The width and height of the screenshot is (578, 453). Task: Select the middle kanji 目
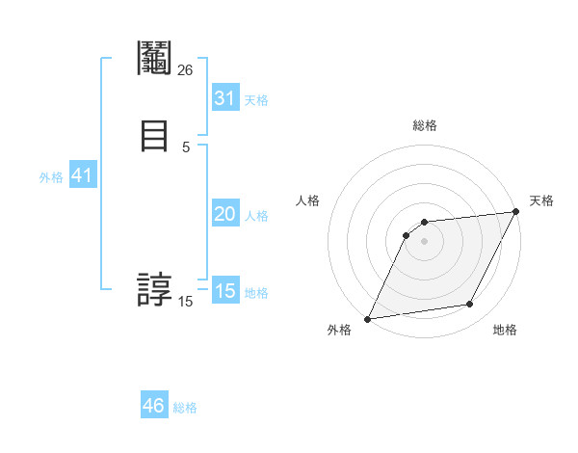pyautogui.click(x=154, y=136)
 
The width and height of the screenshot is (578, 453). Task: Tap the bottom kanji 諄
pyautogui.click(x=154, y=288)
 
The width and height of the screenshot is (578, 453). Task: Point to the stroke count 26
pyautogui.click(x=186, y=69)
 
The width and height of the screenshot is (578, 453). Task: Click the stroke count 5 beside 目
pyautogui.click(x=186, y=147)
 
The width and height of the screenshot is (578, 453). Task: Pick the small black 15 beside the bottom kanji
pyautogui.click(x=186, y=302)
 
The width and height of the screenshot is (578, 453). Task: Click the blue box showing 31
pyautogui.click(x=225, y=98)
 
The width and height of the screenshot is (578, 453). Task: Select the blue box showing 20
pyautogui.click(x=225, y=214)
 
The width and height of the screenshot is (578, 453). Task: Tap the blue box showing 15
pyautogui.click(x=225, y=291)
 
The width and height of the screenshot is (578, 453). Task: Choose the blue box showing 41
pyautogui.click(x=82, y=175)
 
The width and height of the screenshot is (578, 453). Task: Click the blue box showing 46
pyautogui.click(x=154, y=406)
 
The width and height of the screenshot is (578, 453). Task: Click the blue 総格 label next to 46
pyautogui.click(x=185, y=408)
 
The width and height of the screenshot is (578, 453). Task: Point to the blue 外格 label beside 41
pyautogui.click(x=51, y=177)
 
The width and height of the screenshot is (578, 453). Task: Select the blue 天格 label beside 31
pyautogui.click(x=256, y=100)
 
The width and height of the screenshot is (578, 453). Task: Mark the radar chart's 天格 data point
pyautogui.click(x=516, y=212)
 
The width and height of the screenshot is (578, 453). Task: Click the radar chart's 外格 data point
pyautogui.click(x=367, y=318)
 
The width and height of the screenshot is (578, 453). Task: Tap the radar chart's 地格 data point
pyautogui.click(x=470, y=305)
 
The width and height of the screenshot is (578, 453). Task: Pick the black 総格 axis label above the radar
pyautogui.click(x=424, y=125)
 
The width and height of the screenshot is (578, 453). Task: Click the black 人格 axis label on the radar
pyautogui.click(x=308, y=200)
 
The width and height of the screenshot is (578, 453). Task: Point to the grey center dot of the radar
pyautogui.click(x=424, y=241)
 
